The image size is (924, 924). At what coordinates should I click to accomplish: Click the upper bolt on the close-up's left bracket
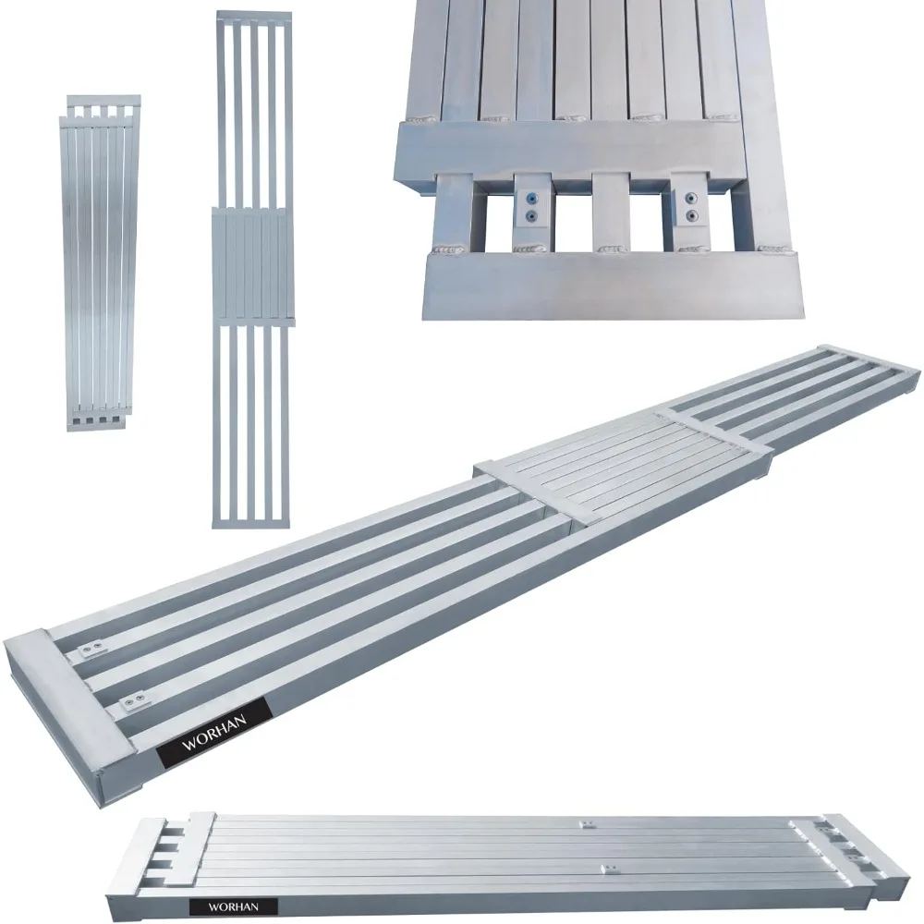531,199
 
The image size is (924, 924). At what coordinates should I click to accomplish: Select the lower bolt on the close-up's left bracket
531,217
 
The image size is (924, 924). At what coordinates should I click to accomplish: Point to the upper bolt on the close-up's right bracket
690,197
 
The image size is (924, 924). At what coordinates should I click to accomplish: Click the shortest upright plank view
101,263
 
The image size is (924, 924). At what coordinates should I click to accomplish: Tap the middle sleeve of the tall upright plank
253,266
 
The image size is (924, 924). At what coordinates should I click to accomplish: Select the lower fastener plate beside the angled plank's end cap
132,700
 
